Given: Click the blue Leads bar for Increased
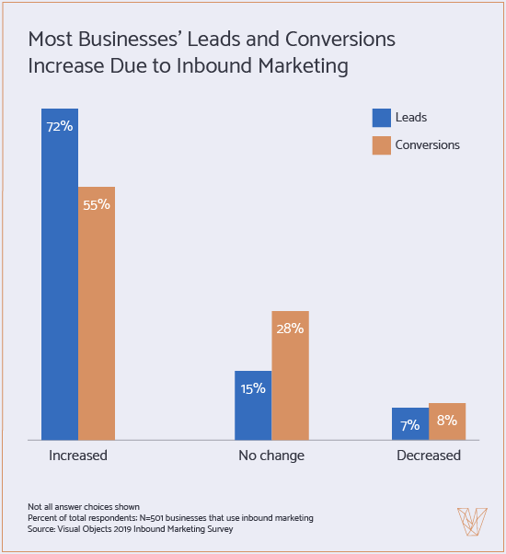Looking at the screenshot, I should [60, 276].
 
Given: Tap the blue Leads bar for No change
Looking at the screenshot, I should [253, 410].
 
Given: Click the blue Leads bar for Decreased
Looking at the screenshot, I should [410, 424].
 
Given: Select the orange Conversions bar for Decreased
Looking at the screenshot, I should [447, 422].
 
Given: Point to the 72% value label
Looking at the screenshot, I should [60, 126].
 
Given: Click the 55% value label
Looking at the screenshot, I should [97, 204].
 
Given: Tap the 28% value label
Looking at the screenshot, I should [290, 328].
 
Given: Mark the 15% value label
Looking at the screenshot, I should [253, 388].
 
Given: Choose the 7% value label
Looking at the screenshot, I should [410, 425].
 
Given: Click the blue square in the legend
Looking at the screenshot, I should [382, 117].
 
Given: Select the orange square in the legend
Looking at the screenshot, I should [382, 144].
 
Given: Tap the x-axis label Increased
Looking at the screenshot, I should [78, 456].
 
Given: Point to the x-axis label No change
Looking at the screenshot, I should [271, 456].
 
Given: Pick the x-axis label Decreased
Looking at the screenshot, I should [429, 456].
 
